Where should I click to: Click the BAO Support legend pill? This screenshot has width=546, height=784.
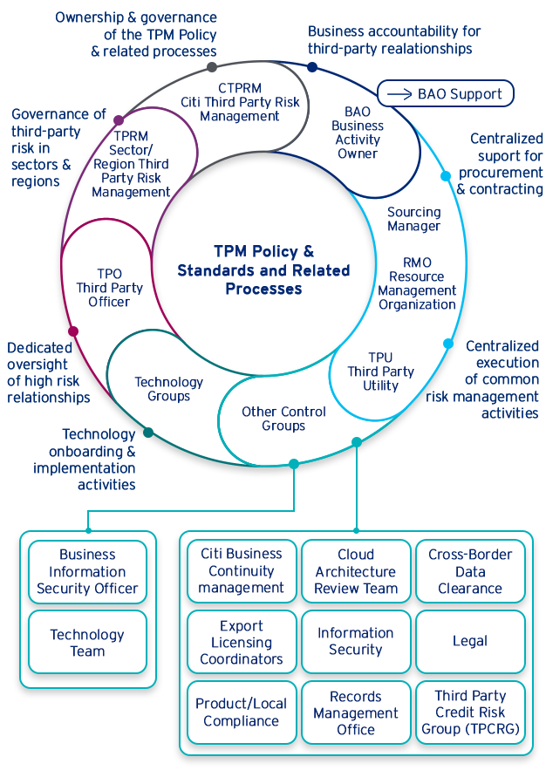coord(446,93)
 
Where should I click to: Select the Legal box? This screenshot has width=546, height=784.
coord(470,641)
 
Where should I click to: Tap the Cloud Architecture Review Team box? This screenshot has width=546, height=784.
coord(356,571)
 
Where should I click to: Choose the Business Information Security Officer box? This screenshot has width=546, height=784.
coord(87,571)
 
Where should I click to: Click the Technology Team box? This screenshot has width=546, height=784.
coord(87,643)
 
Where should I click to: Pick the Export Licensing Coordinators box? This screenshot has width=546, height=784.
coord(242,642)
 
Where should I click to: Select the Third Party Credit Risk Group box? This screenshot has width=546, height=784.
coord(470,712)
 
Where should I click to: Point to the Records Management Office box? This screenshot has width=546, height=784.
coord(356,712)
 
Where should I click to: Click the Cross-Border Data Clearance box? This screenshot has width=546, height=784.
coord(470,571)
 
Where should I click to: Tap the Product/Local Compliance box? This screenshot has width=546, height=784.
coord(242,712)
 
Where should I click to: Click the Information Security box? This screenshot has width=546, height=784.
coord(356,642)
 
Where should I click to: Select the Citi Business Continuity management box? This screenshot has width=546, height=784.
coord(242,571)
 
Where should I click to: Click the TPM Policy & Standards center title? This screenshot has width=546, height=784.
coord(263,269)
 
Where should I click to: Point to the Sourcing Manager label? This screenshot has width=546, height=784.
coord(413,219)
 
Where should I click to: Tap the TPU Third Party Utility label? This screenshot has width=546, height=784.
coord(380,372)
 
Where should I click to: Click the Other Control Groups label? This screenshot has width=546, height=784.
coord(283,419)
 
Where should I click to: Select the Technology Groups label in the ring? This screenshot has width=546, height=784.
coord(168,389)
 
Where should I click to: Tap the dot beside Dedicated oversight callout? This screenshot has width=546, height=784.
coord(73,331)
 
